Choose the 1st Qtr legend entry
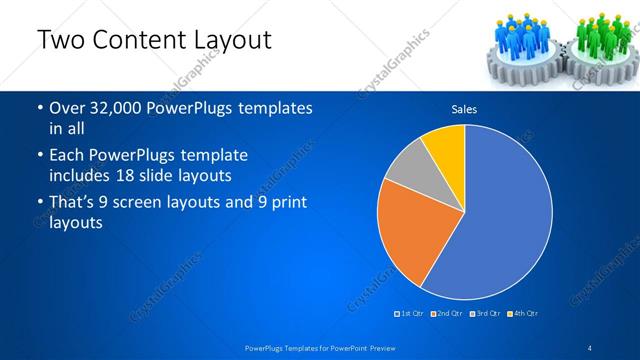tap(412, 314)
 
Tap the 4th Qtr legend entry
tap(524, 314)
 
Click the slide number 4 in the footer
tap(590, 347)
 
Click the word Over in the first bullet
tap(68, 108)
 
